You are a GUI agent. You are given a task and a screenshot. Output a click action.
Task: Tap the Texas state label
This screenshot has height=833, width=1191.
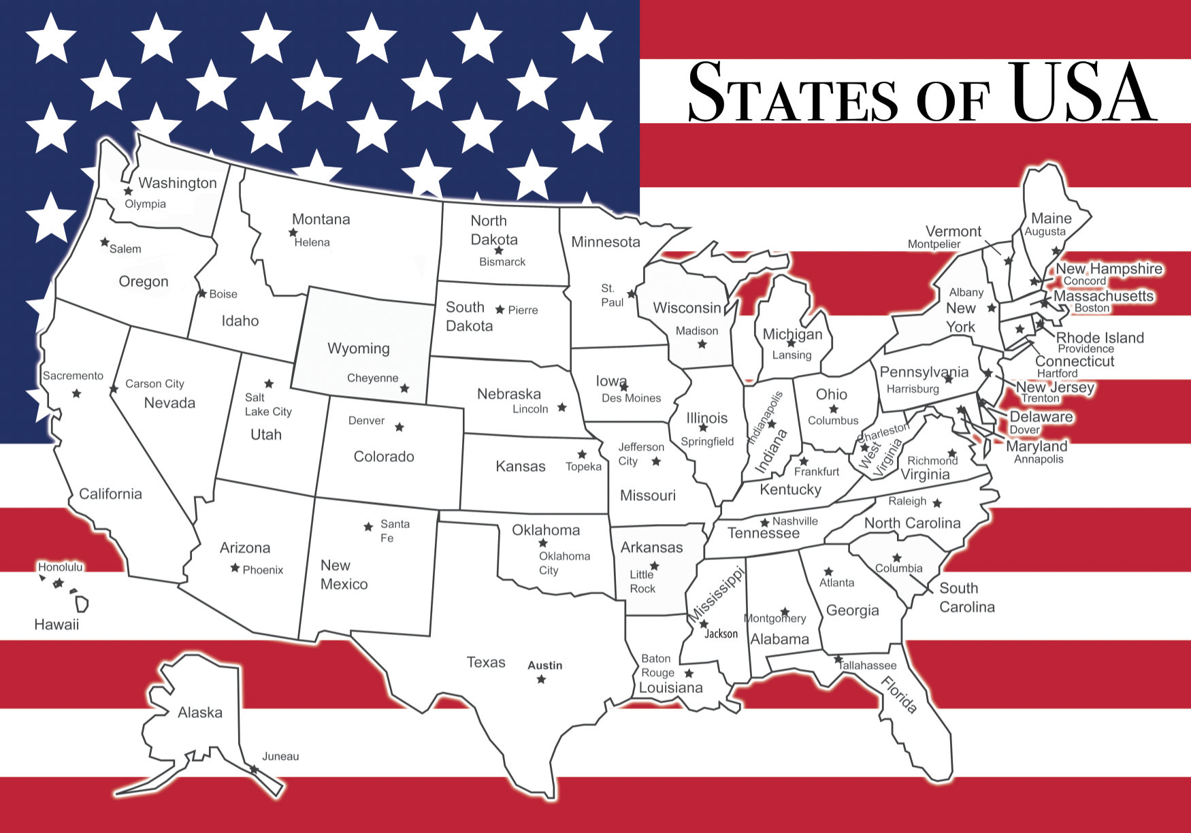486,662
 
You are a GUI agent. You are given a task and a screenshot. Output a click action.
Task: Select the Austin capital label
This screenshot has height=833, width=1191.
544,666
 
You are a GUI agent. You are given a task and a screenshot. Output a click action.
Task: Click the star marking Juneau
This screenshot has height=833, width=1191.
253,769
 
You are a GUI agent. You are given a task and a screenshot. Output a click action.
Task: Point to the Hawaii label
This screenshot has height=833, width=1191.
56,624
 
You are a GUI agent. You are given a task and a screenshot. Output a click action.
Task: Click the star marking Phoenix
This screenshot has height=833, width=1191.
235,568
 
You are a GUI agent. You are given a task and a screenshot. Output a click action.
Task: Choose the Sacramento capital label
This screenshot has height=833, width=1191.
73,376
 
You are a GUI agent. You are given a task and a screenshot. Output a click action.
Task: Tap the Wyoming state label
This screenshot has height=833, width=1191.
358,348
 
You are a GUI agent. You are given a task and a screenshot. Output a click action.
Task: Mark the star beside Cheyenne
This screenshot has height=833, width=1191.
404,388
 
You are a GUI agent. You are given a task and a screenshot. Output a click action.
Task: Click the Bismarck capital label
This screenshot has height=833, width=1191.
502,262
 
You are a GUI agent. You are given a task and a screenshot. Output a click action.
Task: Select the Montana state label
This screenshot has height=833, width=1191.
321,219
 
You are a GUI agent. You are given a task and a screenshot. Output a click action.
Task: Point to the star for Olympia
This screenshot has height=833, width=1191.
128,191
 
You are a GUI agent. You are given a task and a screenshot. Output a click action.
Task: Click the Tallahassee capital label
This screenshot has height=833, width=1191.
868,666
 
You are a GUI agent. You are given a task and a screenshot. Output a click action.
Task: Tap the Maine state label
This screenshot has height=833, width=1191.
1051,218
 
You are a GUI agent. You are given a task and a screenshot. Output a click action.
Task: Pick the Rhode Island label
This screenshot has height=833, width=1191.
1099,338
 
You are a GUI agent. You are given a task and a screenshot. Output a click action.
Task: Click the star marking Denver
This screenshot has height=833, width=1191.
399,427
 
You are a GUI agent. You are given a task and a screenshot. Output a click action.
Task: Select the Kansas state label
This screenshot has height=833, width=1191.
520,466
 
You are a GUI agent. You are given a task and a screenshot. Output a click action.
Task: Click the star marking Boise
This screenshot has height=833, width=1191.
202,294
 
